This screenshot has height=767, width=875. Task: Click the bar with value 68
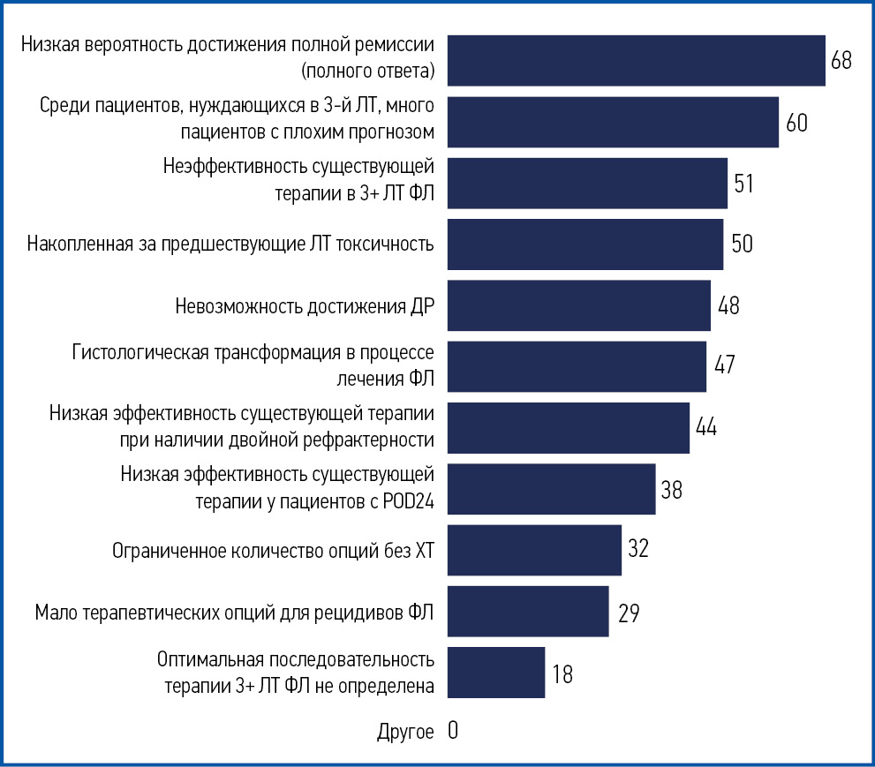click(x=636, y=61)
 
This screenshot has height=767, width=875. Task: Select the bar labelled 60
click(x=613, y=122)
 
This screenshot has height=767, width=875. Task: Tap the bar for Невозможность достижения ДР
click(x=578, y=305)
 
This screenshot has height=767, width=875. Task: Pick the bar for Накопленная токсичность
click(x=585, y=244)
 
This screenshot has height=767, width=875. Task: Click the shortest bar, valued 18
click(x=495, y=673)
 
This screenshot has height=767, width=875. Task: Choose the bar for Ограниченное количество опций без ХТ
click(x=534, y=550)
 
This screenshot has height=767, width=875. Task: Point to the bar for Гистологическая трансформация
click(x=577, y=366)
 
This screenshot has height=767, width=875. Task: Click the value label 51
click(x=743, y=184)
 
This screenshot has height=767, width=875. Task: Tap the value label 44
click(x=705, y=427)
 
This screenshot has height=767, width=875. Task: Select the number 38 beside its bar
click(x=671, y=489)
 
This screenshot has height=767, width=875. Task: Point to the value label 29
click(x=629, y=613)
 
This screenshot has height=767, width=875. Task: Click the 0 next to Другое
click(x=453, y=731)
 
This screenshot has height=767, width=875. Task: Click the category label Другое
click(x=405, y=732)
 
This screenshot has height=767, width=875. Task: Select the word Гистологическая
click(x=140, y=354)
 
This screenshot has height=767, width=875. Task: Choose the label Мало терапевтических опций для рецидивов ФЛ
click(x=234, y=613)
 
